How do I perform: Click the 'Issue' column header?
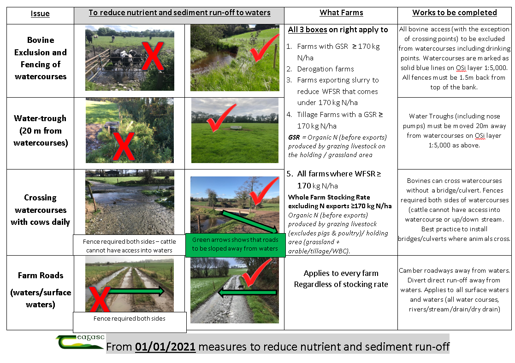40,14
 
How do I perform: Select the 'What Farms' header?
341,13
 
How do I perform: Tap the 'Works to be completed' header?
455,13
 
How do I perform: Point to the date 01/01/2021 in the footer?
165,347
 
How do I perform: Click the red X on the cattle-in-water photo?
153,56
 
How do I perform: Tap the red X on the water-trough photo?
124,146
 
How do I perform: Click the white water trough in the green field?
236,127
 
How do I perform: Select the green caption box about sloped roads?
235,245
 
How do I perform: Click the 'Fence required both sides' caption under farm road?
130,318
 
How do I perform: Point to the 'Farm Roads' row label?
41,275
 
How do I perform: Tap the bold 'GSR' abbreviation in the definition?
294,137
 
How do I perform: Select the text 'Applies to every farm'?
341,273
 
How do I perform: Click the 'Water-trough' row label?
40,118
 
